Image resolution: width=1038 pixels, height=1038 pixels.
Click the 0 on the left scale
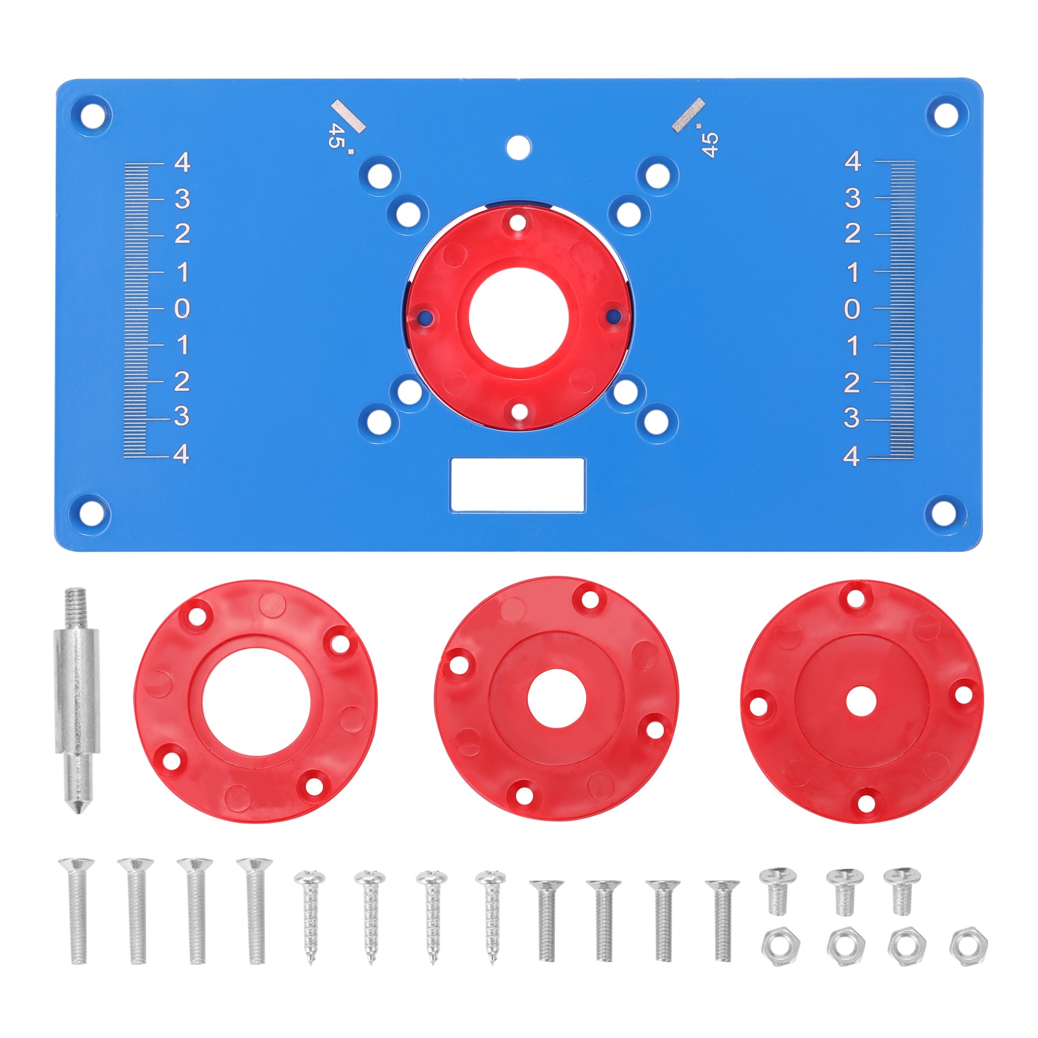pos(182,309)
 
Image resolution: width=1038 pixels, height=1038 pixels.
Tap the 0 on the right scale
pos(852,309)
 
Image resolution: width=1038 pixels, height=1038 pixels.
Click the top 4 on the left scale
pos(182,162)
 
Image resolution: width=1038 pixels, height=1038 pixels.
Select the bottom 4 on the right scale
pos(851,456)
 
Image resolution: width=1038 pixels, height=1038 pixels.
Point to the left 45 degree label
pos(336,136)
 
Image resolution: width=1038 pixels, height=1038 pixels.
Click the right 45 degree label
pos(709,144)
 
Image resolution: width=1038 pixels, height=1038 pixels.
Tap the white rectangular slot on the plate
pos(517,484)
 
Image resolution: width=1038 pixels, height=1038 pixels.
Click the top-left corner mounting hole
pos(93,116)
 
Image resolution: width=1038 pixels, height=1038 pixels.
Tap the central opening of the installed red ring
pos(518,317)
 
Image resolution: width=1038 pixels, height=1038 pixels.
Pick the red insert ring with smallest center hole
pos(862,702)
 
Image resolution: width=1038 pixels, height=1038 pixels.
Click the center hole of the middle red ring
pos(556,700)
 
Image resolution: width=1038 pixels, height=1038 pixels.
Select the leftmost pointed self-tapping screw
pos(309,914)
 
